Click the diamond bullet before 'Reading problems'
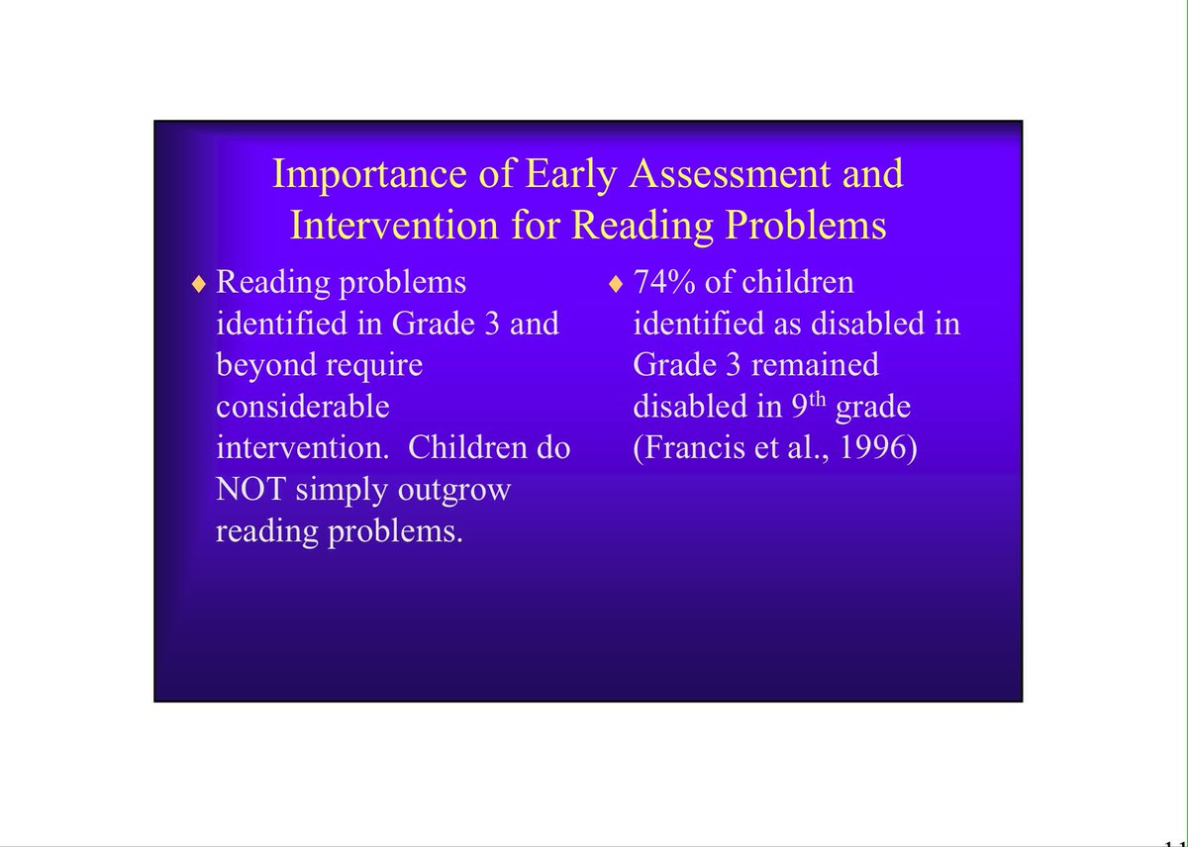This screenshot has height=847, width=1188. (199, 285)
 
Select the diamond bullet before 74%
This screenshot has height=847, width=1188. (616, 285)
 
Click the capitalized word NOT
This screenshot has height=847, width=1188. (251, 490)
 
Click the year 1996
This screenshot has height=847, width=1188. (880, 448)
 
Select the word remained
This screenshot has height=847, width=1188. (815, 365)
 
